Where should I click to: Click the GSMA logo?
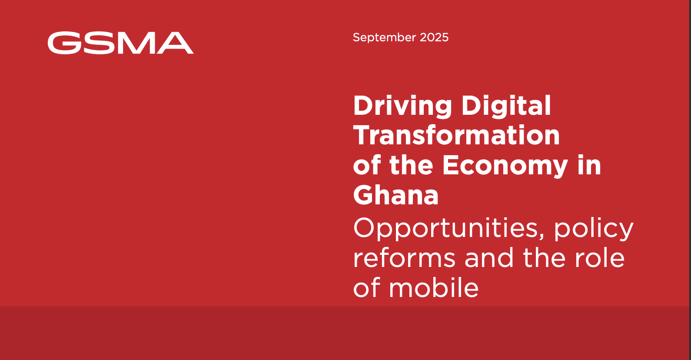pyautogui.click(x=121, y=43)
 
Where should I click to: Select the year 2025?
pyautogui.click(x=434, y=37)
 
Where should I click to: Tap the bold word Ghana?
pyautogui.click(x=396, y=195)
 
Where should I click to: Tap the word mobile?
pyautogui.click(x=434, y=287)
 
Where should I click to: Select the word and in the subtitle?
pyautogui.click(x=489, y=257)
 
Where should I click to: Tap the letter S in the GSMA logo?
pyautogui.click(x=99, y=43)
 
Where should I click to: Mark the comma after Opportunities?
pyautogui.click(x=542, y=237)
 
